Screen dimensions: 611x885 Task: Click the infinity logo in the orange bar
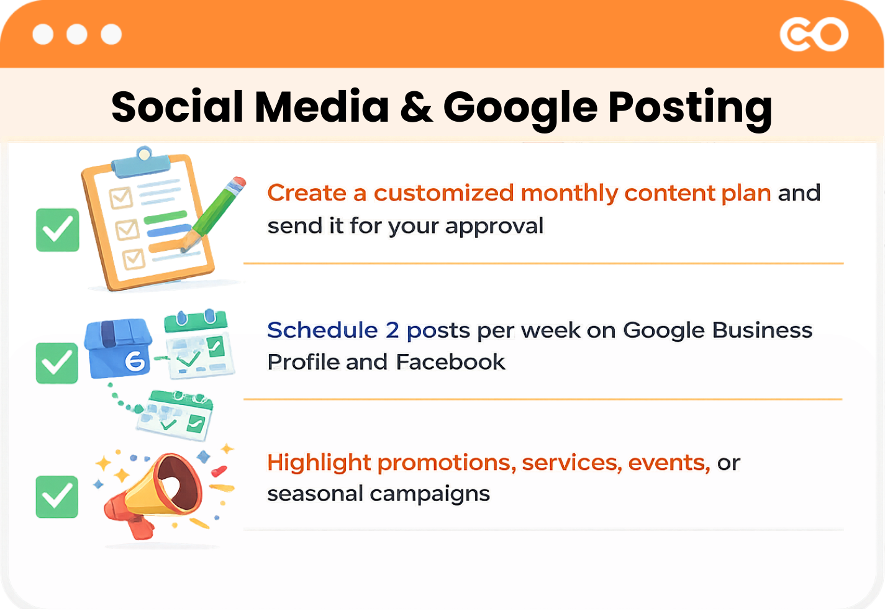pos(814,35)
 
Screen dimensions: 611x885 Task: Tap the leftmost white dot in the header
pos(43,34)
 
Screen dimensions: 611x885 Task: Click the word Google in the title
pos(520,107)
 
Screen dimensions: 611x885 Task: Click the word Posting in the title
pos(690,107)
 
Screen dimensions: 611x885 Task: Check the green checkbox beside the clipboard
pos(58,230)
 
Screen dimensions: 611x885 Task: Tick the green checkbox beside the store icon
pos(57,363)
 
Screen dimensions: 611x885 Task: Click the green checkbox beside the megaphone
pos(57,497)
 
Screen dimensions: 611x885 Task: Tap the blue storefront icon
pos(119,350)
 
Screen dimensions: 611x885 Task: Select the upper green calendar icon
pos(198,345)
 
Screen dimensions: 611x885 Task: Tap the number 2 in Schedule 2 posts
pos(392,330)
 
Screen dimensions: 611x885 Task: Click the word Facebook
pos(450,362)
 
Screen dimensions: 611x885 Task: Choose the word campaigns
pos(430,494)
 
